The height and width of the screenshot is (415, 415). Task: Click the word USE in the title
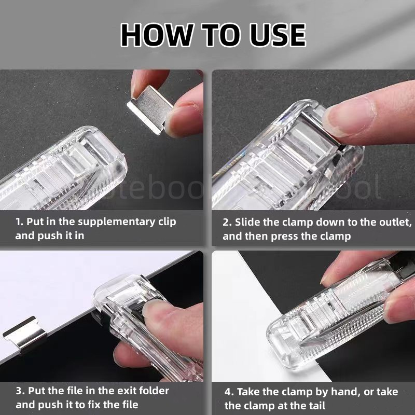[276, 35]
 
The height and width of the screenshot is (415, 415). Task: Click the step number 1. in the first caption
[20, 222]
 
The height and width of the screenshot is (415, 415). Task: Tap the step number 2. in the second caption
[227, 223]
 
